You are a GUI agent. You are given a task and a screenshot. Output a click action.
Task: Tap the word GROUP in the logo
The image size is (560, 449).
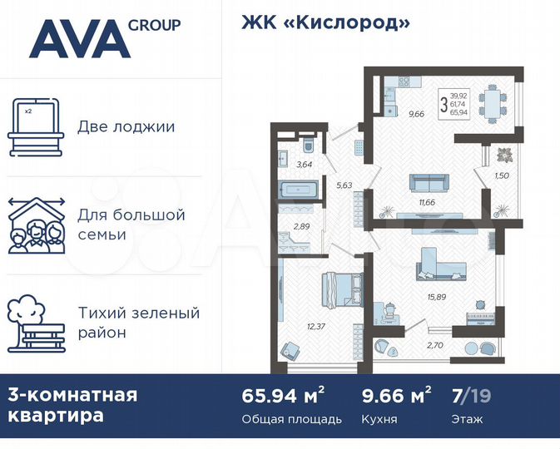tap(154, 24)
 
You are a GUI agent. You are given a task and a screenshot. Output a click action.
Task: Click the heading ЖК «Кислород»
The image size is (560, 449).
tap(325, 22)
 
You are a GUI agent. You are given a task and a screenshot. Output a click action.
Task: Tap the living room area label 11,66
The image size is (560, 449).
tap(428, 202)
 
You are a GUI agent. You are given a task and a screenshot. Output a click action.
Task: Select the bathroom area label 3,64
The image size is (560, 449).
tap(305, 165)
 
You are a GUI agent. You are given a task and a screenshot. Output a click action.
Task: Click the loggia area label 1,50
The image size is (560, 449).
tap(501, 176)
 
